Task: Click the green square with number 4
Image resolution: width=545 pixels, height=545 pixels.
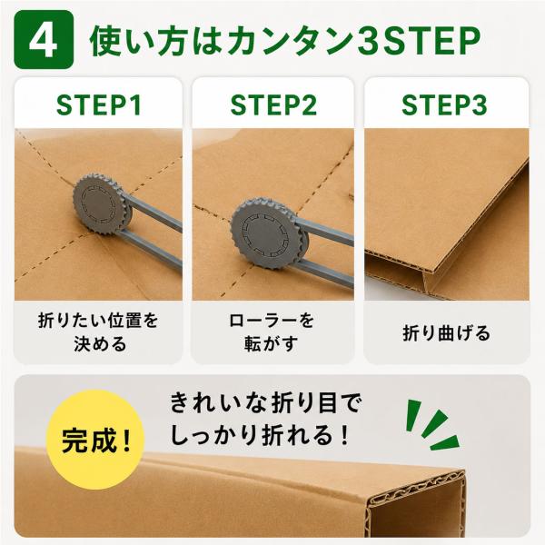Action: tap(44, 40)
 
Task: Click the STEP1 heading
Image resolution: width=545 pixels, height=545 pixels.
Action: tap(99, 105)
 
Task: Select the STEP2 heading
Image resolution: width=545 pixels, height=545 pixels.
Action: tap(273, 105)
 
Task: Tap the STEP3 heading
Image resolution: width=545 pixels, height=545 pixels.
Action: tap(444, 105)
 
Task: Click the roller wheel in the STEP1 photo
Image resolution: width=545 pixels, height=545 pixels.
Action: tap(102, 205)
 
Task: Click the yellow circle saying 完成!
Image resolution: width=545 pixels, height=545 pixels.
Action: tap(95, 440)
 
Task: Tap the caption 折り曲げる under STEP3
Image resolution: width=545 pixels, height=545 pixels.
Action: tap(446, 332)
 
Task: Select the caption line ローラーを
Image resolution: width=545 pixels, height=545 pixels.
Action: tap(272, 321)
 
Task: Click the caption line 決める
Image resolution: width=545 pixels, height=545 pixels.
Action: tap(100, 344)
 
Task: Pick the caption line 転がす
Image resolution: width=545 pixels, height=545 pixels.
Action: tap(272, 344)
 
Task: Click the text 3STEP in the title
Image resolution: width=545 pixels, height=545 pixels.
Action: tap(418, 41)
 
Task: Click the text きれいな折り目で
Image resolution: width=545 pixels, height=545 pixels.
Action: tap(266, 403)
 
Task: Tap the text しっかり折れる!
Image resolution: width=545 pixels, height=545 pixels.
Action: tap(260, 435)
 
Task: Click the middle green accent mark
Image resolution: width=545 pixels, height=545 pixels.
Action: tap(434, 423)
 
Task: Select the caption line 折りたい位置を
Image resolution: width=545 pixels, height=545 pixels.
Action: tap(98, 321)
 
